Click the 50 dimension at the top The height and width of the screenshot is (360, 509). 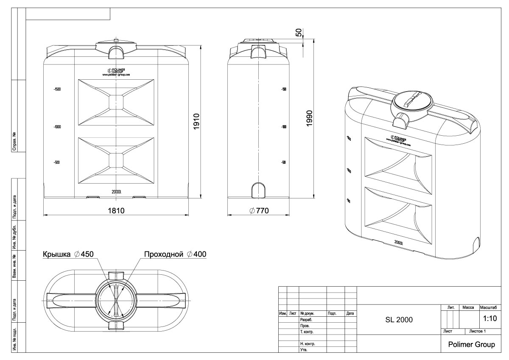coord(299,33)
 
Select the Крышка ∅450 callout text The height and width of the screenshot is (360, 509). coord(67,254)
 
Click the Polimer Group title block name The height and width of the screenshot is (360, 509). coord(471,344)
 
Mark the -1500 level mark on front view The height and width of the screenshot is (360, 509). coord(57,89)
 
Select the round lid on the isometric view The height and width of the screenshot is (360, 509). coord(413,101)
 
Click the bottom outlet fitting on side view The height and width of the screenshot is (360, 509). coord(258,190)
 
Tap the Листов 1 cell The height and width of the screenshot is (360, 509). coord(477,331)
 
